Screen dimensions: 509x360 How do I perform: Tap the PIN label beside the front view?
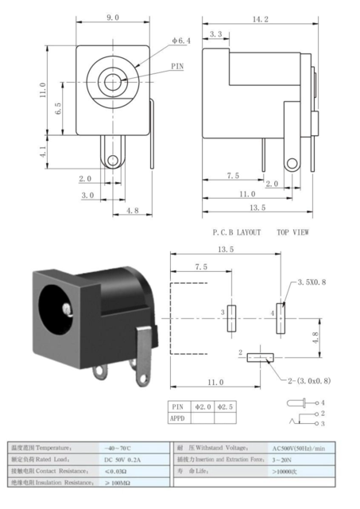tap(176, 67)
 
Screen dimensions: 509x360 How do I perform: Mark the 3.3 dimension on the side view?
tap(215, 34)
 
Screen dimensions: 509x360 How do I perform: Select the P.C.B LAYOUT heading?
tap(236, 233)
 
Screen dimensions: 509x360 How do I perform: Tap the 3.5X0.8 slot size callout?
tap(312, 282)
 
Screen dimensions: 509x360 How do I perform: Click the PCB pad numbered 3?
tap(232, 318)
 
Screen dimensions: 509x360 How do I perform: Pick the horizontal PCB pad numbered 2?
tap(259, 356)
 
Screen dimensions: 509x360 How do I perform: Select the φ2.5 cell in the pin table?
tap(225, 406)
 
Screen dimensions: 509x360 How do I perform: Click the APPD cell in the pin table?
tap(178, 417)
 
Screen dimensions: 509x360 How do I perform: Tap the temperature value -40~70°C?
tap(121, 448)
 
